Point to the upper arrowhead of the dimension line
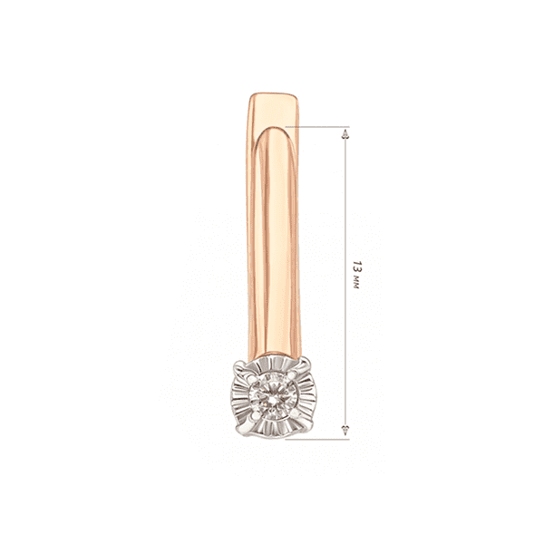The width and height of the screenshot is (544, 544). (345, 134)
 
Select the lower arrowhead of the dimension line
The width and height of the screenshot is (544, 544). (345, 430)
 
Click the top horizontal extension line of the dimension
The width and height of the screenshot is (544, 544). (317, 127)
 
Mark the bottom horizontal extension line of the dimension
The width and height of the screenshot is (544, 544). (317, 439)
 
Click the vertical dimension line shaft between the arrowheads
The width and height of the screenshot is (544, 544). (345, 282)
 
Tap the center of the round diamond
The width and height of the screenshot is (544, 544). (274, 396)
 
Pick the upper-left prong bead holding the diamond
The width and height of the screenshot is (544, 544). (254, 380)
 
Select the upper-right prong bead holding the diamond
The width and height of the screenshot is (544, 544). (293, 374)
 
